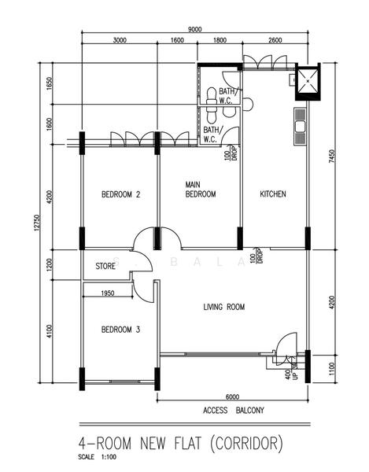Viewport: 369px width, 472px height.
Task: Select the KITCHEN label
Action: coord(273,194)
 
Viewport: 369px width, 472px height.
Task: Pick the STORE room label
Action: coord(105,267)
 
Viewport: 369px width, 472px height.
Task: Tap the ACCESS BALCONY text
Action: coord(234,411)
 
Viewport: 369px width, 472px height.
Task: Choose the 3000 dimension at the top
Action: coord(120,41)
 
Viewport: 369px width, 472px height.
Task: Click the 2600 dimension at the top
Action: coord(275,41)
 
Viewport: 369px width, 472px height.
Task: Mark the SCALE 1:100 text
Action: coord(96,457)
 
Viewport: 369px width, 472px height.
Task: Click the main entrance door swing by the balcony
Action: coord(284,345)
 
